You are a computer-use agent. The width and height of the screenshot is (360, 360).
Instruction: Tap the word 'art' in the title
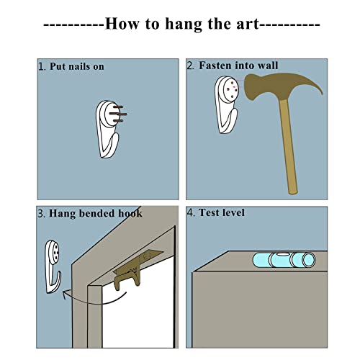pos(248,24)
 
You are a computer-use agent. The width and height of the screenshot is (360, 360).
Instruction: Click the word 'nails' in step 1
pos(78,66)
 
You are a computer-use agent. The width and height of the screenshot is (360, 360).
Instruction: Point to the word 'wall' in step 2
pos(268,66)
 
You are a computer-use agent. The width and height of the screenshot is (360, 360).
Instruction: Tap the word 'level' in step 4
pos(233,212)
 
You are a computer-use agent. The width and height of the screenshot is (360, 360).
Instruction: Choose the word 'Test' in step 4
pos(209,212)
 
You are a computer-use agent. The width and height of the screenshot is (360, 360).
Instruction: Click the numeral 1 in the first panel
pos(41,67)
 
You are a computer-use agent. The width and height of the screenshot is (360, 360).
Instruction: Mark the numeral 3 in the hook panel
pos(40,214)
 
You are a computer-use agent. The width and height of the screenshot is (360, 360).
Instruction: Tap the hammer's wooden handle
pos(289,146)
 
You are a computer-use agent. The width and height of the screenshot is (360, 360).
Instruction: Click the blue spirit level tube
pos(284,260)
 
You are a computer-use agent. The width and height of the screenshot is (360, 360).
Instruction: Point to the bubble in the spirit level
pos(283,254)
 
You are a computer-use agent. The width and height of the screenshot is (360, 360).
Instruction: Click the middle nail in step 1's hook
pos(120,114)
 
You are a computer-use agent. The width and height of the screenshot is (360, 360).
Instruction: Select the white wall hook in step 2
pos(226,104)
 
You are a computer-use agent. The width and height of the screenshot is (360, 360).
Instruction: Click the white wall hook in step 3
pos(53,266)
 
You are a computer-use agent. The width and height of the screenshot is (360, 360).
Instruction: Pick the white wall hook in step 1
pos(107,129)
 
